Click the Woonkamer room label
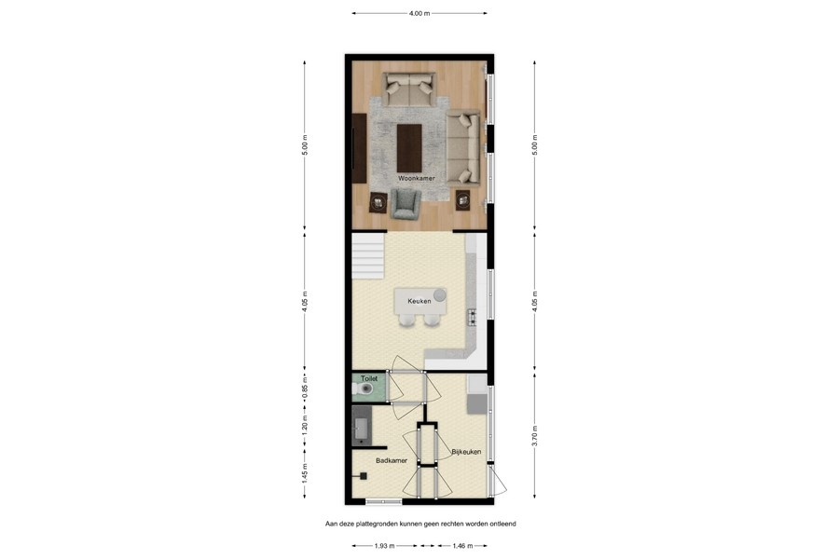(417, 178)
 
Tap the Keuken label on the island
(418, 300)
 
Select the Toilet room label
(368, 379)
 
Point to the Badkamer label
(392, 460)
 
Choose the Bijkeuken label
(466, 452)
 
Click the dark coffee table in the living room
(409, 148)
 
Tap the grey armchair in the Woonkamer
(406, 204)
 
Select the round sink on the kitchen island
(439, 294)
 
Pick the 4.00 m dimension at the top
(419, 13)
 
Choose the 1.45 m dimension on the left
(305, 473)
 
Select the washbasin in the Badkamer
(362, 429)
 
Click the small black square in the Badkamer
(364, 476)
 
